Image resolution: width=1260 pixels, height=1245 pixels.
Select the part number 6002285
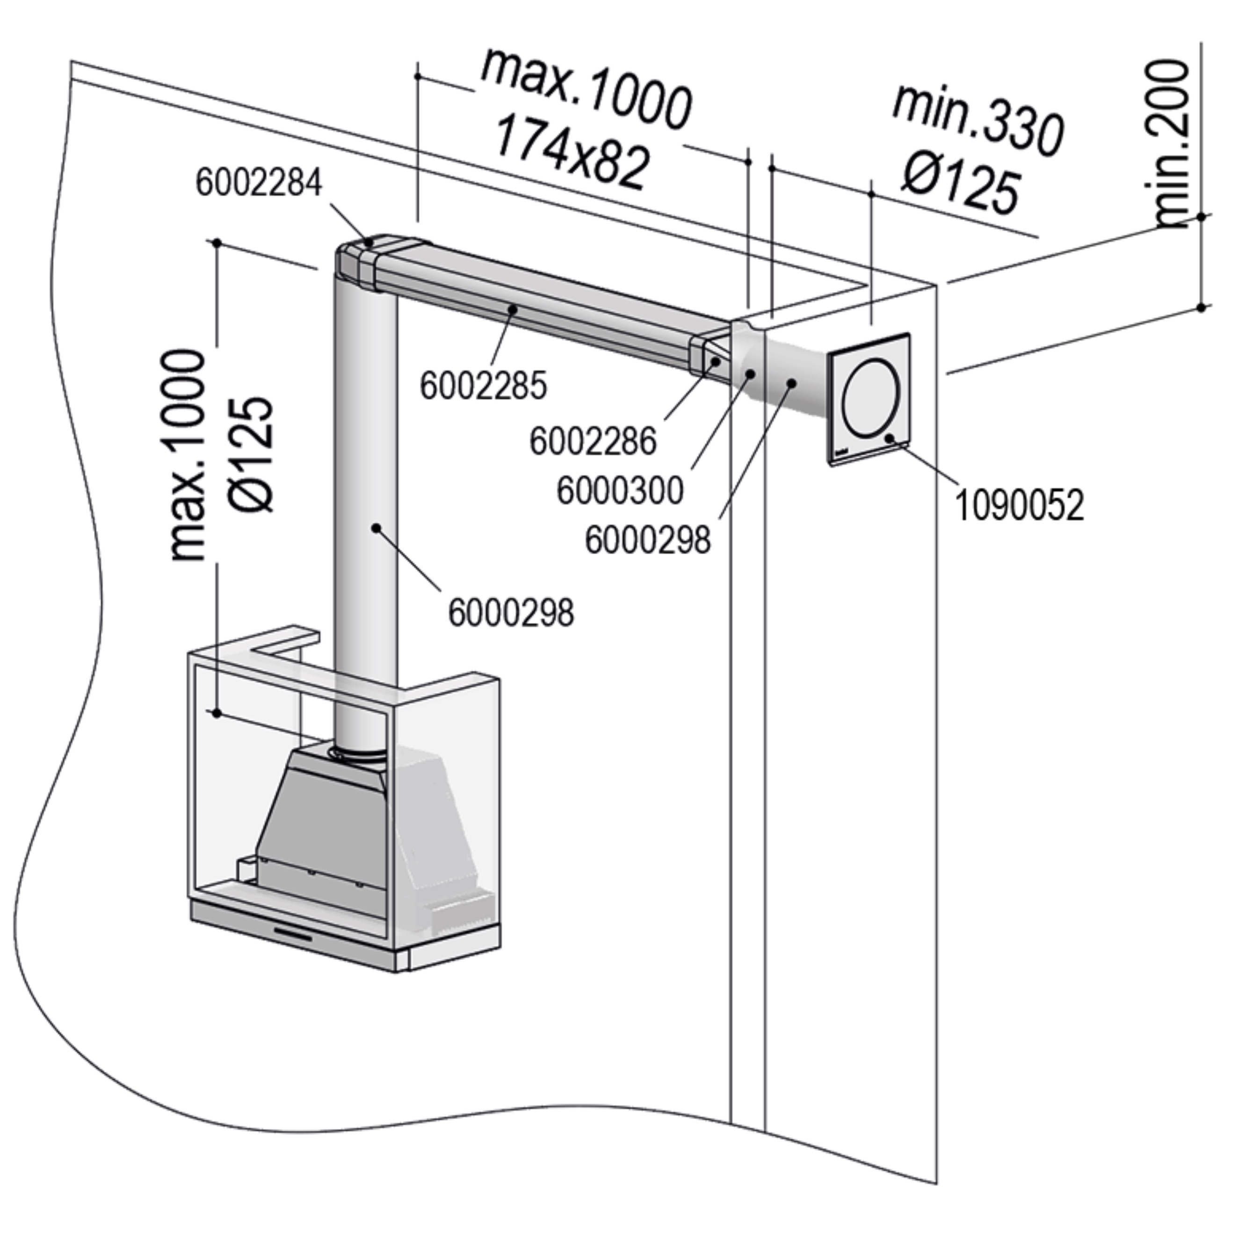pyautogui.click(x=483, y=386)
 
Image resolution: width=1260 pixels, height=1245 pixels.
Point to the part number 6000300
pyautogui.click(x=620, y=490)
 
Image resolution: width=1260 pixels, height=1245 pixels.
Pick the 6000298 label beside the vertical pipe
pyautogui.click(x=511, y=613)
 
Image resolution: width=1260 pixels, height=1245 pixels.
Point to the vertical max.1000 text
pyautogui.click(x=188, y=455)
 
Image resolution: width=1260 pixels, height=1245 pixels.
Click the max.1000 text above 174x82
pyautogui.click(x=585, y=88)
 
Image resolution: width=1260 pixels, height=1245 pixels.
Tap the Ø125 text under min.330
pyautogui.click(x=960, y=185)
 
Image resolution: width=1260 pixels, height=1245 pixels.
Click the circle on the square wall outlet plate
pyautogui.click(x=872, y=397)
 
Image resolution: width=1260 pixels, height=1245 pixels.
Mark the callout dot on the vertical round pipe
pyautogui.click(x=377, y=528)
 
